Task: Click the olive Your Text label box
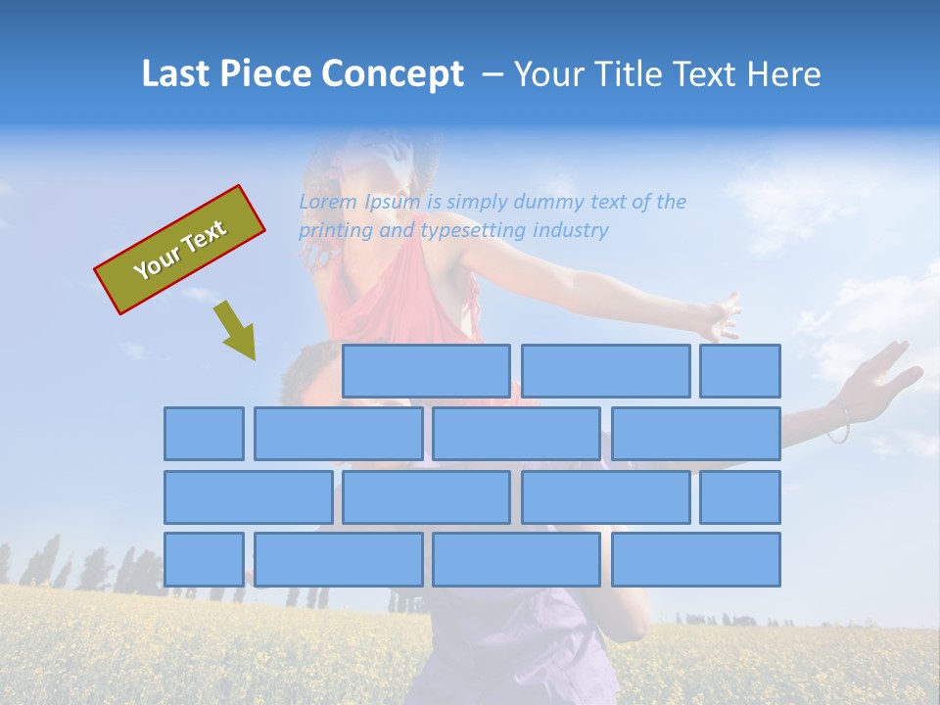pyautogui.click(x=180, y=250)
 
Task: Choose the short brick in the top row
pyautogui.click(x=740, y=371)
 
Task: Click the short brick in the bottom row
pyautogui.click(x=204, y=559)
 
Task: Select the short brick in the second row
pyautogui.click(x=204, y=434)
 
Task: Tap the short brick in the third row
pyautogui.click(x=740, y=496)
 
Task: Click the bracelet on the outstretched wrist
pyautogui.click(x=839, y=422)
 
